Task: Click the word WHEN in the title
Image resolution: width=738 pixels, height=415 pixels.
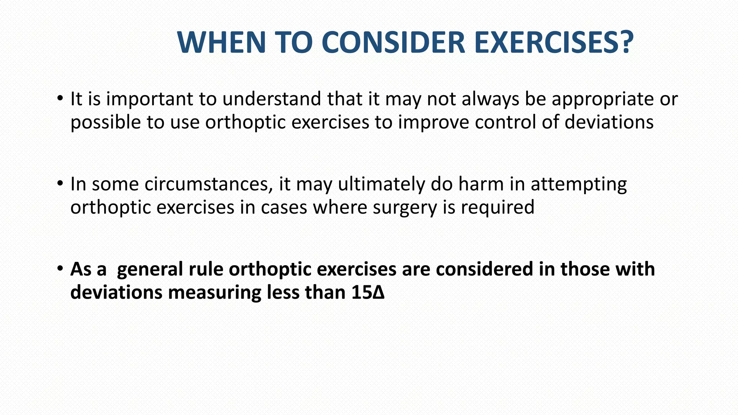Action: click(x=221, y=43)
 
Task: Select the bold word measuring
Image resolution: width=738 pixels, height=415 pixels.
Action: click(x=214, y=293)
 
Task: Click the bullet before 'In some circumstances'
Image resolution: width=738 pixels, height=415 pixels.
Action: click(x=60, y=183)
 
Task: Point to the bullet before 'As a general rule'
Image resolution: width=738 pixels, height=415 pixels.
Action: click(x=60, y=268)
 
